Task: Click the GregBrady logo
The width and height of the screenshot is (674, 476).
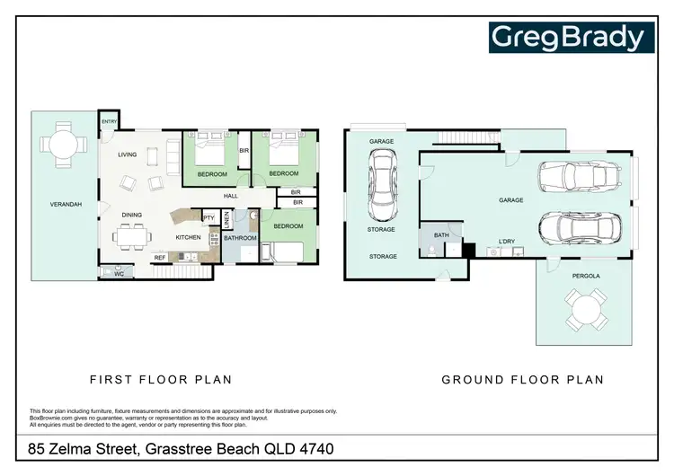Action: [567, 37]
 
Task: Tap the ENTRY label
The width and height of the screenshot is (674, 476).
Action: [110, 121]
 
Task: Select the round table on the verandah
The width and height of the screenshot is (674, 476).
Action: [63, 144]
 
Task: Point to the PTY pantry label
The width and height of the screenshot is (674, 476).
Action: [208, 217]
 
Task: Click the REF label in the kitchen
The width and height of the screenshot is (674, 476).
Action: [160, 258]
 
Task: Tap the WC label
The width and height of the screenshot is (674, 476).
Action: [118, 274]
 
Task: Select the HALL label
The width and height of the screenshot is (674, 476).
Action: [231, 196]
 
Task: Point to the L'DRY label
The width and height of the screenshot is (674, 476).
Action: [506, 242]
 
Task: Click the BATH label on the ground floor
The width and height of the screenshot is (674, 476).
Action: [440, 235]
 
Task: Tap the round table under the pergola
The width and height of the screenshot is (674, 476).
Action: [584, 313]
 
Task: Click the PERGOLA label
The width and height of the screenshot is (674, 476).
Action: [585, 276]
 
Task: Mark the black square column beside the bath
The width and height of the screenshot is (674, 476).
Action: [467, 251]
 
